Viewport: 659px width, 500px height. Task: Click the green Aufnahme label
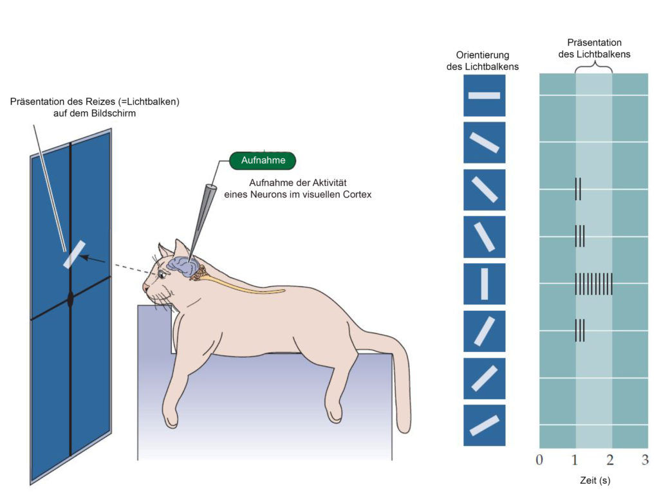262,160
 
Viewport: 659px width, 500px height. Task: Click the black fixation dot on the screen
71,299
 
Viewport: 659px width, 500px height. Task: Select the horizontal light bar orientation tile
484,95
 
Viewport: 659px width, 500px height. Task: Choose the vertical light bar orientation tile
484,284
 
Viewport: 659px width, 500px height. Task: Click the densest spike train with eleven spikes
593,283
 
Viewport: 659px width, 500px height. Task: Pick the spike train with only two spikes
578,189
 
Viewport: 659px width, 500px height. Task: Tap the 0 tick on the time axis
539,459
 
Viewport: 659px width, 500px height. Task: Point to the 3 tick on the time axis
645,459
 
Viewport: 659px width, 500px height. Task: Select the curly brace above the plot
593,68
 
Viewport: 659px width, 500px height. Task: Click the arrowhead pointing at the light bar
88,258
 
